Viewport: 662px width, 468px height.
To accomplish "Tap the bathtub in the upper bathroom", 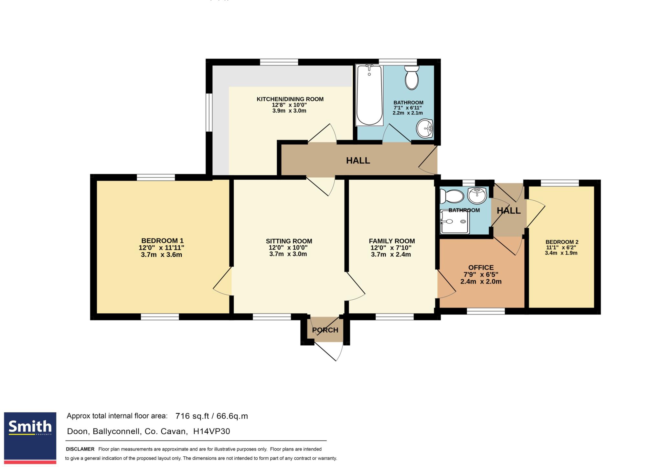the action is pyautogui.click(x=369, y=95).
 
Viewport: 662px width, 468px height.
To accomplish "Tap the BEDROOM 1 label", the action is pyautogui.click(x=162, y=241).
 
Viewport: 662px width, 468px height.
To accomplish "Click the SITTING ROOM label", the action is pyautogui.click(x=289, y=241).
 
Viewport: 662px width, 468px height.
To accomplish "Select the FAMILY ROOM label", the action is pyautogui.click(x=392, y=241).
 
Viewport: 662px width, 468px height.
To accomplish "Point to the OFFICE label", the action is pyautogui.click(x=481, y=268).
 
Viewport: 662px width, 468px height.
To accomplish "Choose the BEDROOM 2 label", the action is pyautogui.click(x=562, y=242).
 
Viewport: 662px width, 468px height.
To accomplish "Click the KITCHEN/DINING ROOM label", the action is pyautogui.click(x=290, y=99).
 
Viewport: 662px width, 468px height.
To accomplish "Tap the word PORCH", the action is pyautogui.click(x=325, y=330).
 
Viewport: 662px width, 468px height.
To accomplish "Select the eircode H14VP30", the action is pyautogui.click(x=211, y=431).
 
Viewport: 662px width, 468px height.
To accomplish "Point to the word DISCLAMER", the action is pyautogui.click(x=80, y=449).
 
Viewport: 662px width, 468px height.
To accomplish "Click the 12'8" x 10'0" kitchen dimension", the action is pyautogui.click(x=289, y=105).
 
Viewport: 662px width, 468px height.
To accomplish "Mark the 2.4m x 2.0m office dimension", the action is pyautogui.click(x=481, y=282).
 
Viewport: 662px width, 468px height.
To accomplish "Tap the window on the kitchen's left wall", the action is pyautogui.click(x=209, y=113).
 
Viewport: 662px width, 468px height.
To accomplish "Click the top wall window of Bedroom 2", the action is pyautogui.click(x=560, y=183).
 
